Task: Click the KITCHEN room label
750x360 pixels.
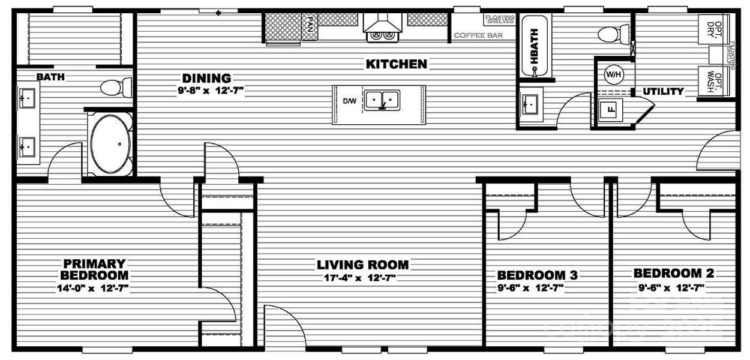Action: point(397,64)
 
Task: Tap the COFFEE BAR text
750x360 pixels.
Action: point(478,35)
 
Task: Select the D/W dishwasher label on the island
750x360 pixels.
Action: point(349,101)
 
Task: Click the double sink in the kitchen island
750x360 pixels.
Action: point(382,100)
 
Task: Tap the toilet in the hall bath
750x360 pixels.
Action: point(613,33)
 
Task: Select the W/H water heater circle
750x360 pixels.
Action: point(613,75)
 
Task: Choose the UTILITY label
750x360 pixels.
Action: point(663,92)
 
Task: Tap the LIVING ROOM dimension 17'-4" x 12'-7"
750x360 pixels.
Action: point(362,278)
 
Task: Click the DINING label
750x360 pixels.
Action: point(206,78)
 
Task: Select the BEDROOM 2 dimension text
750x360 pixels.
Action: point(674,287)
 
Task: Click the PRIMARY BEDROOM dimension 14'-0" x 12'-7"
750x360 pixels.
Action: point(95,288)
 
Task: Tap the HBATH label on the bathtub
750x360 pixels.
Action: point(533,46)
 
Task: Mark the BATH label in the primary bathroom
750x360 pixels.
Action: point(50,77)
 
